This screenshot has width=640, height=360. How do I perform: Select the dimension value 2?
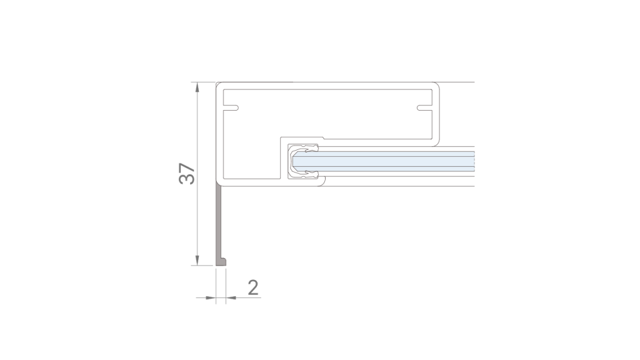[x=253, y=287]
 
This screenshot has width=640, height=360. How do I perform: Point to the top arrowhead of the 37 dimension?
[x=197, y=86]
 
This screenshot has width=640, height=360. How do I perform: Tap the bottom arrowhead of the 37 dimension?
[x=197, y=261]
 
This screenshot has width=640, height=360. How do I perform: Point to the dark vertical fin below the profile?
[x=219, y=222]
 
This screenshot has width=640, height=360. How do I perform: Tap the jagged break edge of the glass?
[x=474, y=162]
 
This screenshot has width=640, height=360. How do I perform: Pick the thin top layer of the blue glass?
[x=387, y=153]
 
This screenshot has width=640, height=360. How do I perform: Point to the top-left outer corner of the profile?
[x=217, y=83]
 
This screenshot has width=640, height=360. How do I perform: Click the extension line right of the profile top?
[x=459, y=82]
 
